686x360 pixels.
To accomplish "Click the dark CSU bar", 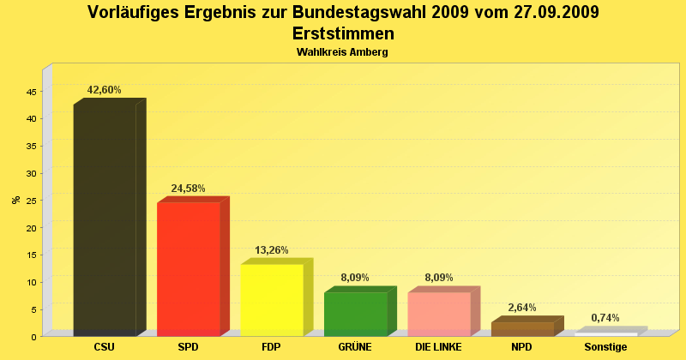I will pos(105,219).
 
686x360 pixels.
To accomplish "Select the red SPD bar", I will pos(189,268).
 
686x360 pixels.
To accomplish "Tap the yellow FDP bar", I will pos(272,300).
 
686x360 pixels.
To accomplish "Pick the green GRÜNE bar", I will pos(355,314).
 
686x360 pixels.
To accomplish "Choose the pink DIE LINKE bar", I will pos(439,314).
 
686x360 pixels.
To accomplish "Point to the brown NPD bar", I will pos(522,328).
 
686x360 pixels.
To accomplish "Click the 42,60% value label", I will pos(105,90).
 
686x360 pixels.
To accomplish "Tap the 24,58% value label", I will pos(189,189).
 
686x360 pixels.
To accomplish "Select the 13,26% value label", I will pos(272,250).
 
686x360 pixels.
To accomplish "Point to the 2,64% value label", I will pos(522,308).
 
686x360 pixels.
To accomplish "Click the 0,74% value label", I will pos(605,318).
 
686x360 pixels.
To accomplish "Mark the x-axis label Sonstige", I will pos(605,347).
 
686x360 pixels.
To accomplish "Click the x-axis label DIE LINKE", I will pos(439,347).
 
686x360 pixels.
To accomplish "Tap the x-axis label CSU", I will pos(105,347).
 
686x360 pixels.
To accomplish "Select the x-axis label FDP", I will pos(272,347).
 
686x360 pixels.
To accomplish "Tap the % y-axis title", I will pos(15,200).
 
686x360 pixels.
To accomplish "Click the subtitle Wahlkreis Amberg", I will pos(343,52).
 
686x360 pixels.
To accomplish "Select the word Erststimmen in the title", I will pos(343,34).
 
